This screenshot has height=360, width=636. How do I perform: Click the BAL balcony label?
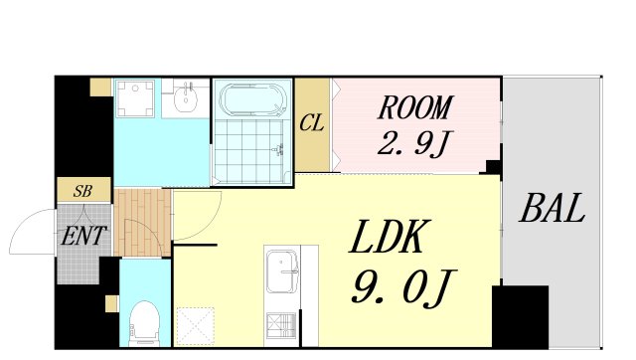553,208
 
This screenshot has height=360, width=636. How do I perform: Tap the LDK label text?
389,237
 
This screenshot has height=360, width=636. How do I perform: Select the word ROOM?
414,107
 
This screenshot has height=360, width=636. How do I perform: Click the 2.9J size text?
413,143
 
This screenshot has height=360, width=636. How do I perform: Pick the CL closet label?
311,122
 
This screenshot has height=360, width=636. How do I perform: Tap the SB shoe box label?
82,191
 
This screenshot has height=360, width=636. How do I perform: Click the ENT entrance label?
83,236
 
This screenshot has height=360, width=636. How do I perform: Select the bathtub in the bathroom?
252,99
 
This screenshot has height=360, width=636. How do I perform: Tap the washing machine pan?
135,98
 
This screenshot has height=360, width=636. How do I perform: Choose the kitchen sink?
282,271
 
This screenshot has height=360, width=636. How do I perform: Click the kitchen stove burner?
281,325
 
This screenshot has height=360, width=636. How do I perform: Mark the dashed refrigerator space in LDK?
196,327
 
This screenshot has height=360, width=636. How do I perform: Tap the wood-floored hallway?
142,223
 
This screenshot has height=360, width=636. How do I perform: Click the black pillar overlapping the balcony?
521,317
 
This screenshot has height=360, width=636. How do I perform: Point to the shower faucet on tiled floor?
278,150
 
